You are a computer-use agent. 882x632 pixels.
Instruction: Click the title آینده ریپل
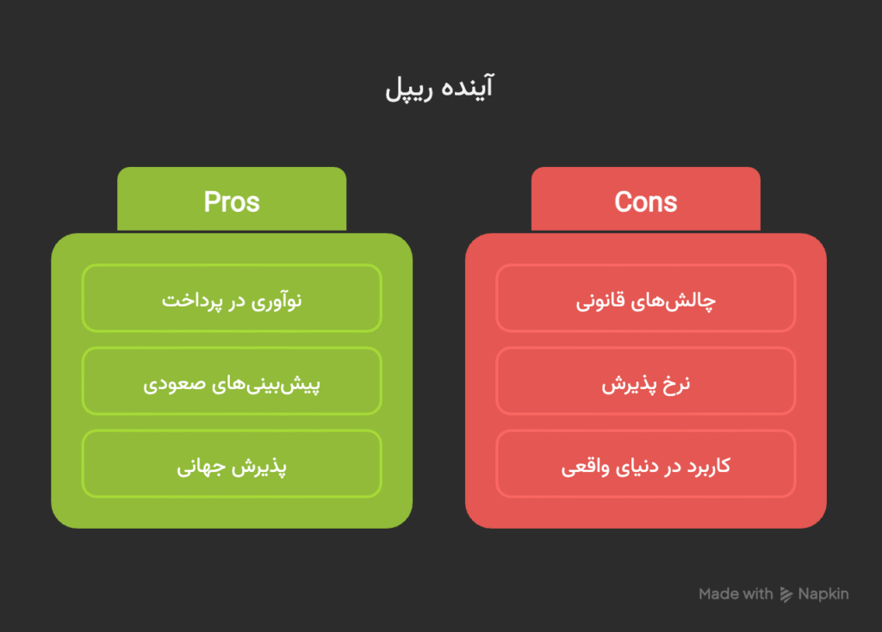coord(439,88)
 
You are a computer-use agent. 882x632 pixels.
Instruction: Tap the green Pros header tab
coord(232,199)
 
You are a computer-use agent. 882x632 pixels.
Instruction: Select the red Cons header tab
coord(646,199)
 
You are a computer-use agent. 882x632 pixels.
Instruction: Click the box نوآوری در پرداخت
coord(232,298)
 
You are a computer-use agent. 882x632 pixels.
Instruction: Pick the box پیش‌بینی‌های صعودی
coord(232,381)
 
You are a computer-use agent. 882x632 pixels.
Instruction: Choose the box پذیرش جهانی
coord(232,464)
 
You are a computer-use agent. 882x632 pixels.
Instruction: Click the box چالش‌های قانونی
coord(646,298)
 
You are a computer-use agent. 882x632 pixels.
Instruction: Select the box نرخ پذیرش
coord(646,381)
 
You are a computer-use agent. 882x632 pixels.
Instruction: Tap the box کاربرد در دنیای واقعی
coord(646,464)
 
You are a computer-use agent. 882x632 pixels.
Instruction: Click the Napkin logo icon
coord(786,594)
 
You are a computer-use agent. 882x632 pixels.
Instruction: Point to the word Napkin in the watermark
coord(823,594)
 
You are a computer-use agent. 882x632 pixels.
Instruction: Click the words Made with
coord(736,594)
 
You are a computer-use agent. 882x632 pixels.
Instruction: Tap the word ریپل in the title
coord(409,90)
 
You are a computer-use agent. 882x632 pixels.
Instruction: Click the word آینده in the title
coord(468,87)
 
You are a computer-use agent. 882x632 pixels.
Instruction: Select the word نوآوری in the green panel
coord(276,301)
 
